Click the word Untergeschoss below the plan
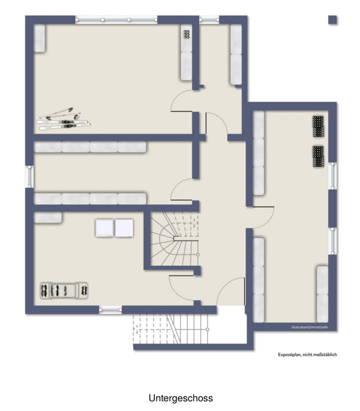[180, 398]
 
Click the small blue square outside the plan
[332, 20]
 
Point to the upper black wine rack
[318, 127]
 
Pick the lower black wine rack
[318, 156]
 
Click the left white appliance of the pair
[104, 227]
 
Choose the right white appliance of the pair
[124, 227]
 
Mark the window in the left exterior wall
[29, 177]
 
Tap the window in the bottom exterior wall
[110, 310]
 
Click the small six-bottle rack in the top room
[186, 34]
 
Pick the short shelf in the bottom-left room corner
[48, 218]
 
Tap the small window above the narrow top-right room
[210, 20]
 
